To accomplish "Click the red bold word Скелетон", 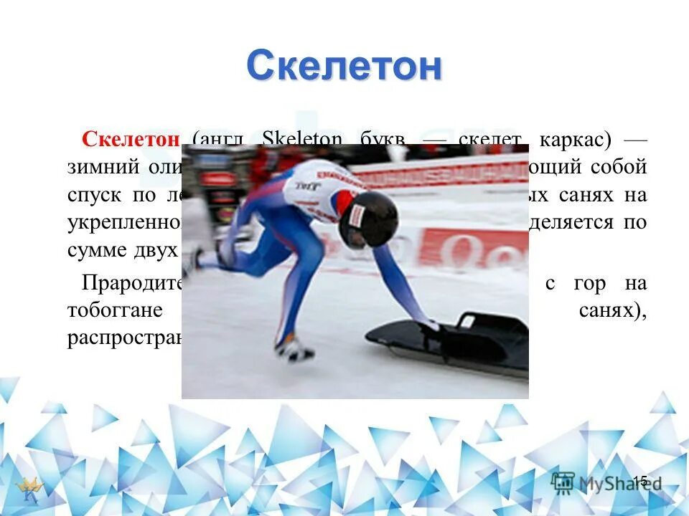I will (130, 139).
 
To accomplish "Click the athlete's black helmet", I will (369, 218).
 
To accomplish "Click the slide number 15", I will (639, 481).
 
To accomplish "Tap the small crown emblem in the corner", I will (31, 490).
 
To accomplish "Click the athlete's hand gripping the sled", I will (431, 325).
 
